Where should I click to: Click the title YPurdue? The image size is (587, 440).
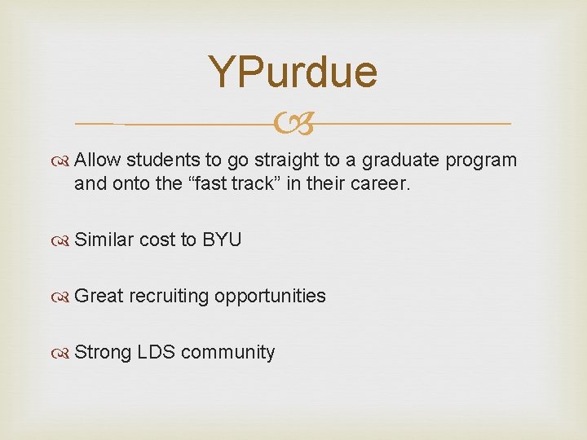pos(293,72)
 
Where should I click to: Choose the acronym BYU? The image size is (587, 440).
pos(222,240)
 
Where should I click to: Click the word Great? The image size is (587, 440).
pos(99,296)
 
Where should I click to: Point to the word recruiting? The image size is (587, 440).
pos(169,297)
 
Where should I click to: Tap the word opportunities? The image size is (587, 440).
pos(270,297)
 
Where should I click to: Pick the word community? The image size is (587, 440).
pos(228,353)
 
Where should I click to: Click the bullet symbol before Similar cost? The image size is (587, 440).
pos(64,240)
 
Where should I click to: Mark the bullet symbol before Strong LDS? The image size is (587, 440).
pos(64,353)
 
